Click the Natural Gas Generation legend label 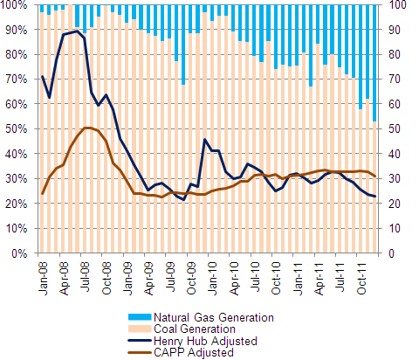click(x=214, y=317)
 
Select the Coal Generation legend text click(x=195, y=329)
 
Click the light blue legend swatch click(x=140, y=317)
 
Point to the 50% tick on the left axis click(x=17, y=128)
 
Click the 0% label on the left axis click(x=19, y=253)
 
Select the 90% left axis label click(x=17, y=30)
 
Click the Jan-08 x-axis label click(x=43, y=278)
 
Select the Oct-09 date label click(x=191, y=278)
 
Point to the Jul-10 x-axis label click(x=255, y=277)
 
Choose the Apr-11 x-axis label click(x=319, y=278)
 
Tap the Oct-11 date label click(x=361, y=278)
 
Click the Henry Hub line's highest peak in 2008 click(x=77, y=31)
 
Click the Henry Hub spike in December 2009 click(x=205, y=140)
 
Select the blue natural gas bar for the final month click(x=374, y=63)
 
